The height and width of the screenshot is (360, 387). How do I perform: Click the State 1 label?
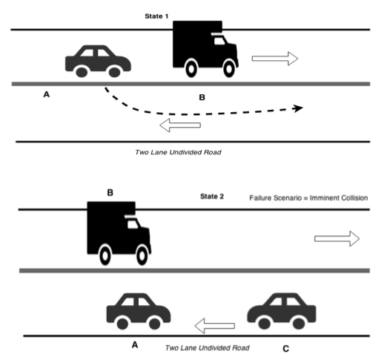point(156,16)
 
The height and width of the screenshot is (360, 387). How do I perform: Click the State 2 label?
point(212,197)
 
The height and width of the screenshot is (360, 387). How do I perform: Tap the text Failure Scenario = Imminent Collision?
point(308,198)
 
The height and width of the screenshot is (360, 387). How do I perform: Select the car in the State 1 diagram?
point(98,62)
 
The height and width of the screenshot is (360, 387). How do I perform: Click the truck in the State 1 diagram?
point(205,49)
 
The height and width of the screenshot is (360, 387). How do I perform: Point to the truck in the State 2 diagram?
point(119,233)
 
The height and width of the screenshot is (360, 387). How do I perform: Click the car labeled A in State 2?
point(139,312)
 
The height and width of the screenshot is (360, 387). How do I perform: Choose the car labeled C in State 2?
point(282,312)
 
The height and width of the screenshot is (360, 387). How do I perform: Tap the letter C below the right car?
point(285,349)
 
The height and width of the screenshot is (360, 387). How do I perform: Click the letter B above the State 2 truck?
point(110,192)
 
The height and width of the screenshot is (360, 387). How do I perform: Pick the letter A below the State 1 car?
point(47,94)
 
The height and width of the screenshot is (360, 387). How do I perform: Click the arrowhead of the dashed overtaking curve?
point(298,108)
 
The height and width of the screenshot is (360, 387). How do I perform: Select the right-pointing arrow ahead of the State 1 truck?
point(275,59)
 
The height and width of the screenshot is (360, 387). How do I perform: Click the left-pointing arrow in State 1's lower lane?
point(180,125)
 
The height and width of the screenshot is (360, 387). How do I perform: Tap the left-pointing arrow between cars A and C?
point(215,326)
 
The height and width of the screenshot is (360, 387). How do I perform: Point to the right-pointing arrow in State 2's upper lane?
point(337,238)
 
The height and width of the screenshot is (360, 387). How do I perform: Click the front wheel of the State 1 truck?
point(229,69)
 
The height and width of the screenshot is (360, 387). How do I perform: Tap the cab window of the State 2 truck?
point(133,224)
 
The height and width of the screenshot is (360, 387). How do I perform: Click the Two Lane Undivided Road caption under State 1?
point(178,152)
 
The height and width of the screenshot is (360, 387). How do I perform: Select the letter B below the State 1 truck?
point(202,97)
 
